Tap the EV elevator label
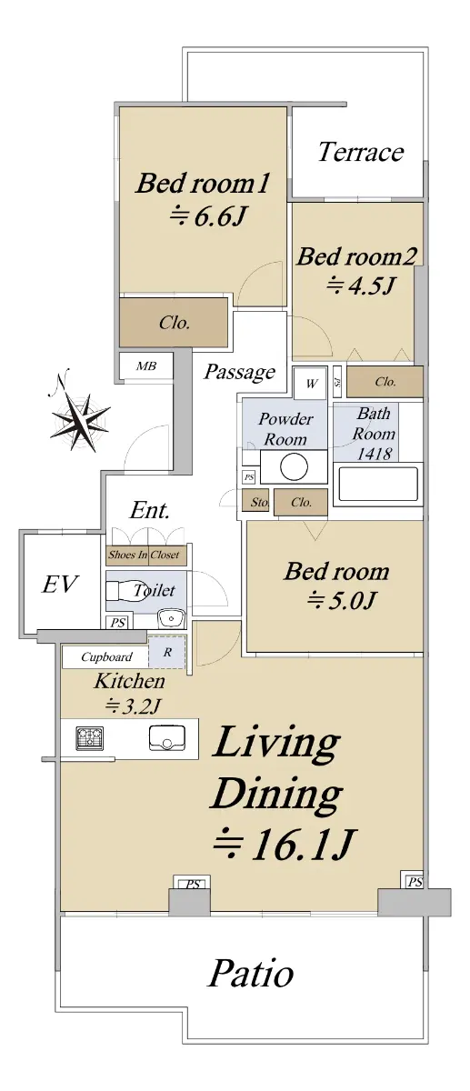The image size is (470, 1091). click(x=60, y=584)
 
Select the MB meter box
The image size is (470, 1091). click(x=146, y=365)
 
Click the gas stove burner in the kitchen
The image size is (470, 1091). click(x=90, y=738)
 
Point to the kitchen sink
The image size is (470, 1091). click(x=166, y=738)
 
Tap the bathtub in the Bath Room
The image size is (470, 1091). click(x=376, y=484)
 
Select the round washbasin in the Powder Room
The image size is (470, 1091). click(x=294, y=466)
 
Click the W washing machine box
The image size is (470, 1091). click(x=310, y=384)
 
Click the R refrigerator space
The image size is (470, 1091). click(x=167, y=652)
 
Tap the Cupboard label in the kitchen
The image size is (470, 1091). click(x=106, y=657)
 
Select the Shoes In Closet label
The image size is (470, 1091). click(x=144, y=555)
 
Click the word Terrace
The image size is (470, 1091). click(x=361, y=152)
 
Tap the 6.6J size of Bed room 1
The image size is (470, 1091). click(x=206, y=215)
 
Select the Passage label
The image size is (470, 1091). click(x=240, y=373)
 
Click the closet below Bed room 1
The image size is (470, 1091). click(x=174, y=323)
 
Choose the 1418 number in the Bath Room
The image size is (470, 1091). click(x=374, y=454)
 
